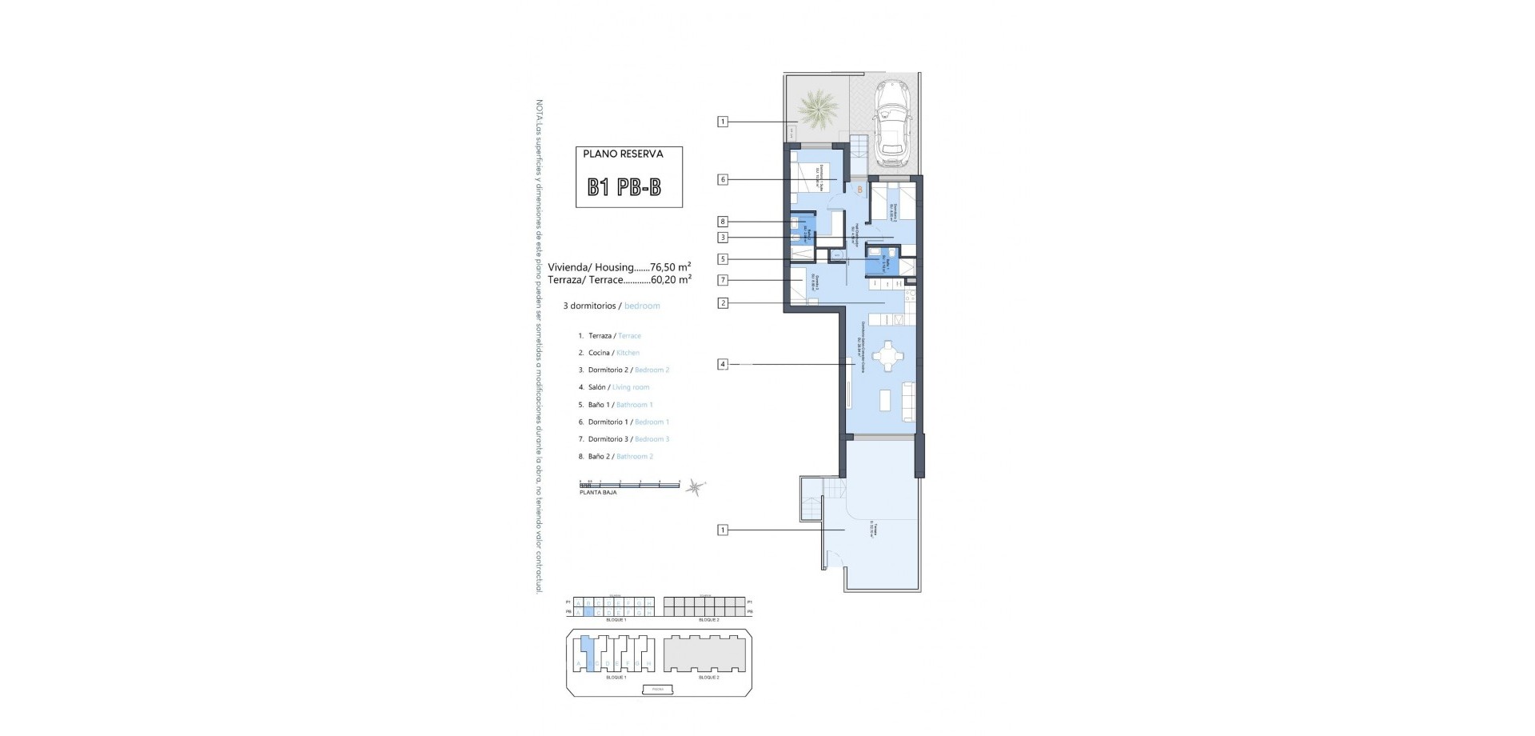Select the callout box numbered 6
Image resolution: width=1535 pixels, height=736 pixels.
click(x=723, y=180)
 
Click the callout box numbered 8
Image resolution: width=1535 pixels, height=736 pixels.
click(x=723, y=222)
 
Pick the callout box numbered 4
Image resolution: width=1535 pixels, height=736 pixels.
click(x=723, y=365)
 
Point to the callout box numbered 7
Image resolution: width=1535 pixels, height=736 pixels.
click(x=723, y=280)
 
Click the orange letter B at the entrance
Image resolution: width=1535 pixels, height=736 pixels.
click(x=859, y=190)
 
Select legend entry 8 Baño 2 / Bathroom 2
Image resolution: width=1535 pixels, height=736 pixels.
click(x=615, y=456)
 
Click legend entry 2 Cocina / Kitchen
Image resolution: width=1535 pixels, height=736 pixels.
click(x=608, y=353)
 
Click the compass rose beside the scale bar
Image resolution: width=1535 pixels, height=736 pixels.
click(x=696, y=486)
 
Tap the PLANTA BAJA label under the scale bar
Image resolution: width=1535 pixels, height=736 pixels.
click(x=598, y=493)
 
